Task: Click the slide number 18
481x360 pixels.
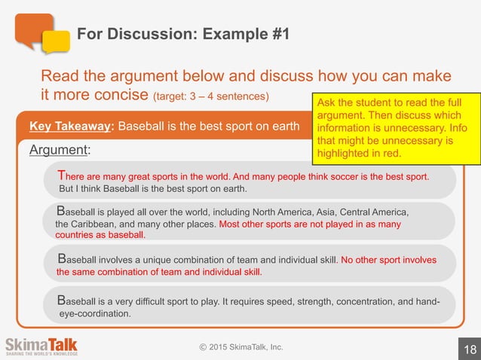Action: [x=470, y=349]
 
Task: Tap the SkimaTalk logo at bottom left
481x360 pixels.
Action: [x=41, y=346]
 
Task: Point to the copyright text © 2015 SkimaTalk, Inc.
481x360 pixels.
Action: [x=241, y=346]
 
